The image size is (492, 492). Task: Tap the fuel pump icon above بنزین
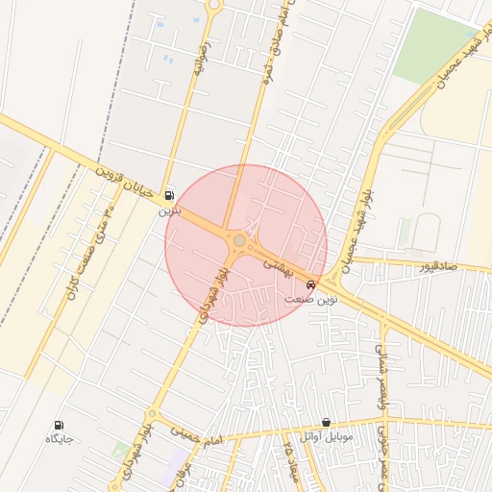tap(170, 193)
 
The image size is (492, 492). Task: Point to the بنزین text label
tap(169, 209)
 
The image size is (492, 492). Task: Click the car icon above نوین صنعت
tap(310, 285)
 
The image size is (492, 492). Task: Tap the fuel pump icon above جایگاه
tap(60, 424)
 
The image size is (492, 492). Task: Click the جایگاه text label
tap(60, 439)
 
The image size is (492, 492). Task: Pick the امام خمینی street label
tap(197, 438)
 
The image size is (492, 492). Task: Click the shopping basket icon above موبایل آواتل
tap(327, 422)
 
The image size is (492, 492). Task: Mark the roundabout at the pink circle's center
tap(238, 240)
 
